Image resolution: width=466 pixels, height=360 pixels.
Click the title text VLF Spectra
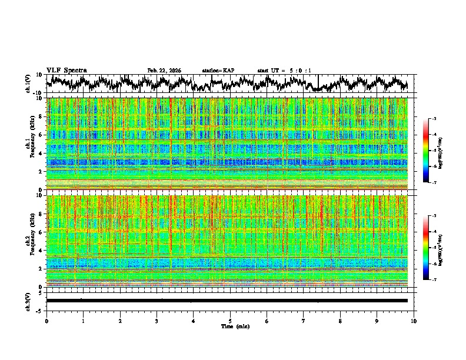pyautogui.click(x=66, y=70)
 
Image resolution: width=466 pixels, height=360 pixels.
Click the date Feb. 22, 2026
pyautogui.click(x=164, y=71)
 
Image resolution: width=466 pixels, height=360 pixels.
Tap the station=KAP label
pyautogui.click(x=218, y=71)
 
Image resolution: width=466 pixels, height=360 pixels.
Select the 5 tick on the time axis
pyautogui.click(x=230, y=321)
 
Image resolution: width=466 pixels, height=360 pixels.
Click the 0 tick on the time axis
pyautogui.click(x=46, y=321)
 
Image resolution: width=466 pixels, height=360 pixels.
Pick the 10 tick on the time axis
pyautogui.click(x=414, y=321)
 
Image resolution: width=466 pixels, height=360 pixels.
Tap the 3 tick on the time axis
pyautogui.click(x=157, y=321)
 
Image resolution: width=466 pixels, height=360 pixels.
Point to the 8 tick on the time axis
pyautogui.click(x=340, y=321)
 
